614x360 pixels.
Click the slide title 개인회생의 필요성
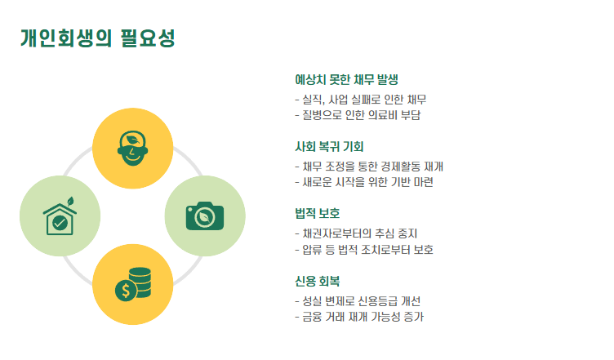point(97,38)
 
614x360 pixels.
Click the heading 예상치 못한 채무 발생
point(346,80)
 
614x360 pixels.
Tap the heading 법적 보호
point(318,214)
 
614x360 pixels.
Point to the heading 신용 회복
point(318,281)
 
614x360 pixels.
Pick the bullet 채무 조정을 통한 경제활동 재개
point(374,167)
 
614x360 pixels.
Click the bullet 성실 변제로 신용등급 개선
point(363,300)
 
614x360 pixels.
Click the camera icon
point(204,216)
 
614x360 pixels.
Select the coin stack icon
point(133,283)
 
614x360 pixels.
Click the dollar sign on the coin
point(125,290)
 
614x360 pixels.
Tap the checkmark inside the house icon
point(60,222)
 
